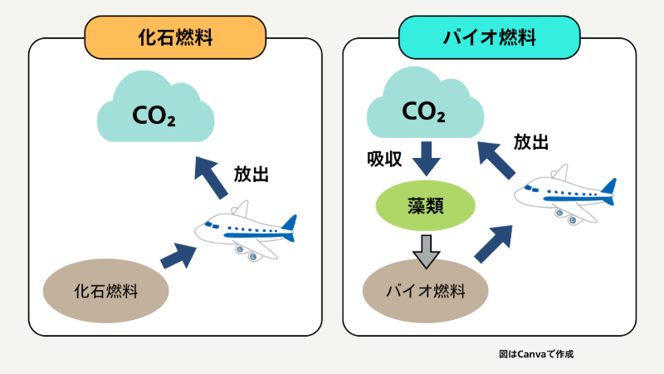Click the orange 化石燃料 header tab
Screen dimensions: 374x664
[175, 37]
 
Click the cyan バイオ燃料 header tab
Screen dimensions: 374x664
[489, 37]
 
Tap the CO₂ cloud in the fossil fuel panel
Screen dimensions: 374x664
[154, 115]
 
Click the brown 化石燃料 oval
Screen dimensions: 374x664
[105, 291]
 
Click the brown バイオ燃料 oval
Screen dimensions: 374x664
[426, 291]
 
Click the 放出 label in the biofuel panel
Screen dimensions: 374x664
[531, 142]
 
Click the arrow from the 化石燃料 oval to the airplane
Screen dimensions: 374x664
[176, 254]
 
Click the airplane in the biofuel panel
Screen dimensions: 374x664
[564, 196]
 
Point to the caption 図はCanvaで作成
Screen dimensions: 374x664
[536, 354]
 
